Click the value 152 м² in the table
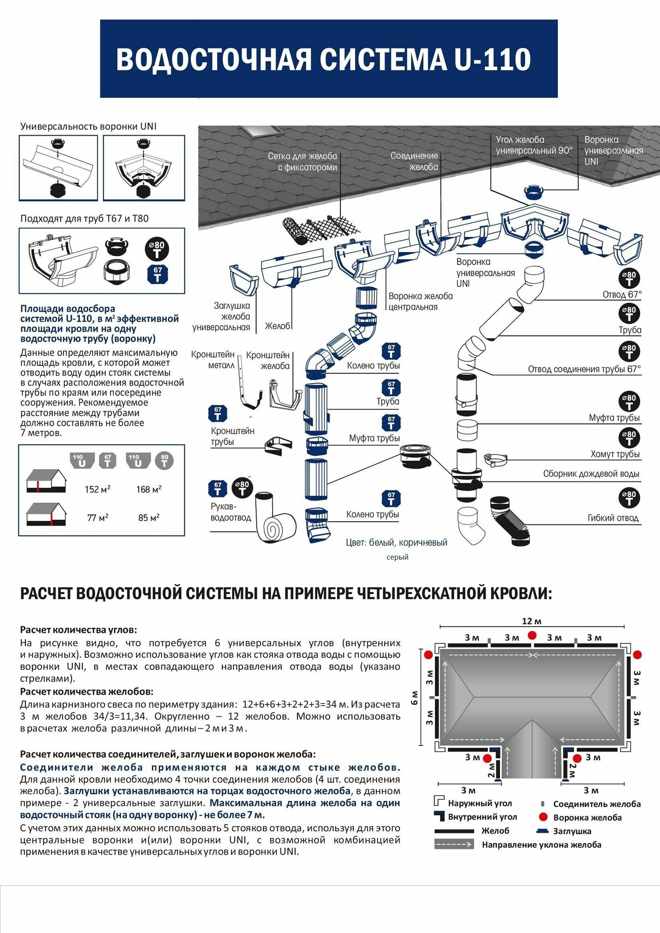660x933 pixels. coord(98,489)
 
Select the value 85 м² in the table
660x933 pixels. coord(149,518)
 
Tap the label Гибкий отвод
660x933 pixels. coord(613,518)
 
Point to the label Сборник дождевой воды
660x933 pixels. coord(591,474)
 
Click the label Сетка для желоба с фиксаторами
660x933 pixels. coord(302,162)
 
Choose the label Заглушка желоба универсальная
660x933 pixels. coord(222,316)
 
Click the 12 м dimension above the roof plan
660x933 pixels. coord(532,621)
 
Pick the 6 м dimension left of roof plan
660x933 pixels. coord(414,698)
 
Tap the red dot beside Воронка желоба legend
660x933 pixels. coord(542,817)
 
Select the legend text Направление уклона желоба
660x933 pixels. coord(541,844)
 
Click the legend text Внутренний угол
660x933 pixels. coord(482,817)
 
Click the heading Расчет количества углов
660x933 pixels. coord(78,630)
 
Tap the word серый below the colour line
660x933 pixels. coord(397,557)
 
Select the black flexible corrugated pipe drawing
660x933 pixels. coord(510,522)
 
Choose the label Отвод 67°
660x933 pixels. coord(622,294)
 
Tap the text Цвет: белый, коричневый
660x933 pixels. coord(396,543)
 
